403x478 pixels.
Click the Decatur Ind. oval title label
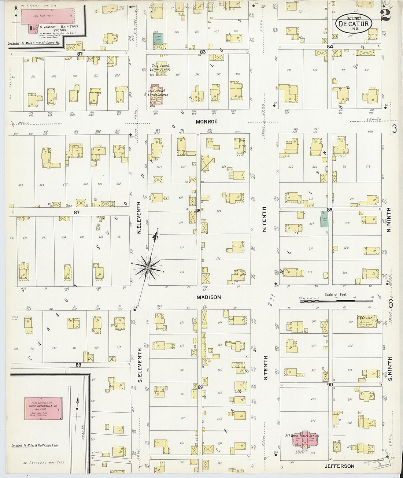point(354,24)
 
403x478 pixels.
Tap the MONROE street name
point(206,122)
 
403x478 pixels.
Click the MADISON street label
point(208,297)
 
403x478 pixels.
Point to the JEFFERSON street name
point(339,466)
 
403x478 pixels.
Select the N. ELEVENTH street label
point(139,218)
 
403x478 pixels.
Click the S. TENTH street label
point(266,367)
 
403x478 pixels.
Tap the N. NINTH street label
point(389,220)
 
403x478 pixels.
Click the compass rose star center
point(147,268)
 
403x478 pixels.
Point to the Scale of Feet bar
point(336,301)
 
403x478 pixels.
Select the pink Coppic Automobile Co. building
point(43,408)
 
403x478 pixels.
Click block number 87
point(77,212)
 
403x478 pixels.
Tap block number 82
point(80,53)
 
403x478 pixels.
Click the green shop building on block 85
point(324,219)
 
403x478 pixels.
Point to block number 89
point(200,387)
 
